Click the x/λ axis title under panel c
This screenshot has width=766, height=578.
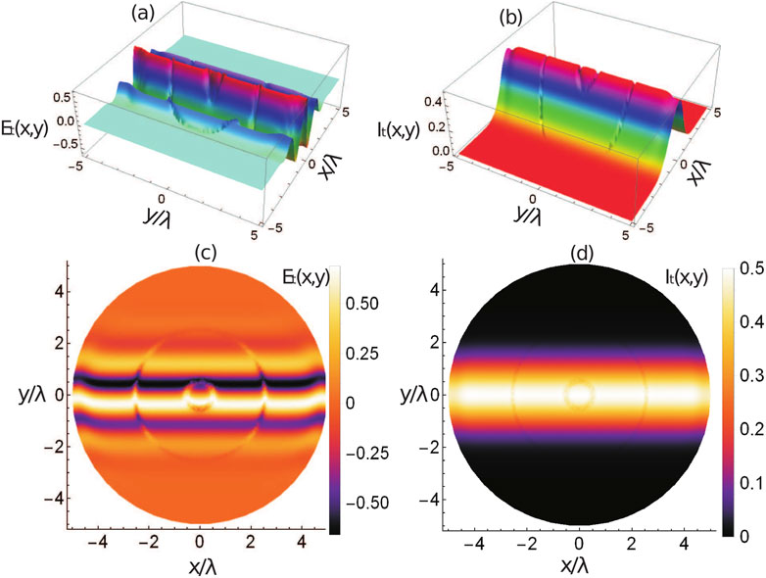pos(200,565)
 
